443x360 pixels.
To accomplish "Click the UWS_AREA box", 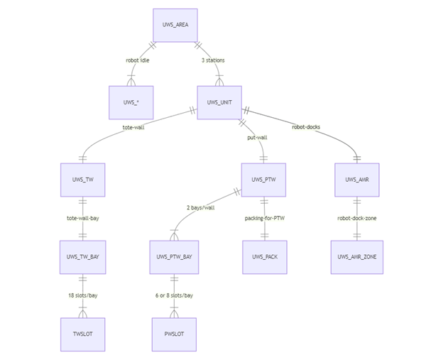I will pyautogui.click(x=175, y=26).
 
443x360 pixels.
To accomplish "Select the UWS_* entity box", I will pyautogui.click(x=131, y=102).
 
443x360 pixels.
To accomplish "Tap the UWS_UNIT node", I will pyautogui.click(x=219, y=102).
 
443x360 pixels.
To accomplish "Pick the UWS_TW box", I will pyautogui.click(x=82, y=180).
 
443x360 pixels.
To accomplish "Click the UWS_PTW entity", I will pyautogui.click(x=264, y=180).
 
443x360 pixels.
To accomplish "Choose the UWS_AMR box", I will pyautogui.click(x=357, y=180).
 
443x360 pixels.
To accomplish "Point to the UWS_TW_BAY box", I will pyautogui.click(x=82, y=257).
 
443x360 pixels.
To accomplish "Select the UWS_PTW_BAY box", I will pyautogui.click(x=173, y=257).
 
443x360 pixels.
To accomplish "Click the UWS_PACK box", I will pyautogui.click(x=264, y=257).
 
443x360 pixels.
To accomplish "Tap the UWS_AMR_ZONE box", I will pyautogui.click(x=357, y=257).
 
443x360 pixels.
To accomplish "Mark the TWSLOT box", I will pyautogui.click(x=82, y=334).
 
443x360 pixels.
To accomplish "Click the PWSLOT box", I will pyautogui.click(x=173, y=334).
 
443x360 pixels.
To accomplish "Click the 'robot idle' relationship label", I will pyautogui.click(x=138, y=60).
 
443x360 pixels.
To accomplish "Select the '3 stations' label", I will pyautogui.click(x=213, y=60).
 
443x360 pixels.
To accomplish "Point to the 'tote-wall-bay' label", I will pyautogui.click(x=83, y=218).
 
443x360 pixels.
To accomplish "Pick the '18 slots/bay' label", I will pyautogui.click(x=83, y=295).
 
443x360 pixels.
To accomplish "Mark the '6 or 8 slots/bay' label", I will pyautogui.click(x=174, y=295).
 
